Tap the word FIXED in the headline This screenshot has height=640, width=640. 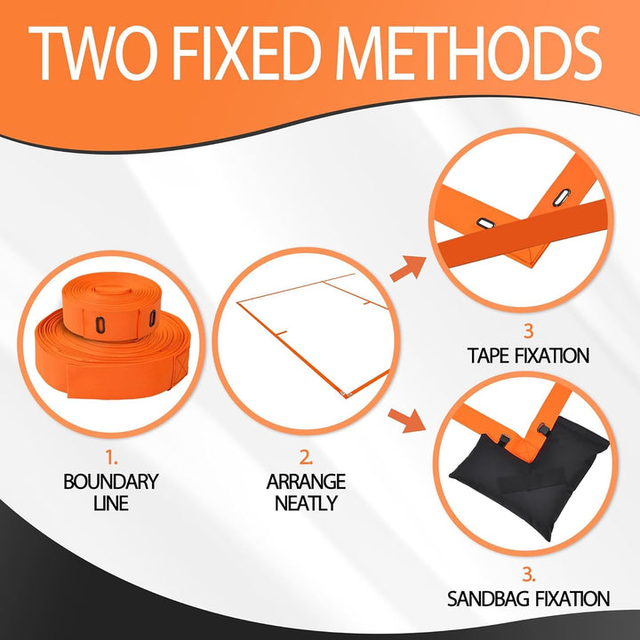tap(246, 53)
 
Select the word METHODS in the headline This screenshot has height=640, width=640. tap(468, 53)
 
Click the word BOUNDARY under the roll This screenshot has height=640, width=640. tap(111, 482)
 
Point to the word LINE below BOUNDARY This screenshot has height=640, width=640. tap(111, 503)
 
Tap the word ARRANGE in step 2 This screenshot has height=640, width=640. tap(306, 482)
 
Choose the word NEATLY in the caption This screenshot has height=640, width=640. tap(306, 503)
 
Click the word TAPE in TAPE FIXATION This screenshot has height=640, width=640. tap(487, 356)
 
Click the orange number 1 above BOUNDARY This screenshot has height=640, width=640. tap(110, 458)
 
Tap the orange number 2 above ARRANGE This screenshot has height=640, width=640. tap(306, 458)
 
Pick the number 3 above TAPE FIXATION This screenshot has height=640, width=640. tap(529, 331)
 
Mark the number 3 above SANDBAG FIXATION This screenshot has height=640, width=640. tap(529, 575)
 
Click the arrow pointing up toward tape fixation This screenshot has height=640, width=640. tap(408, 268)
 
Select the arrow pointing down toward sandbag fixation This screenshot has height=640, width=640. tap(407, 420)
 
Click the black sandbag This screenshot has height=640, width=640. tap(531, 480)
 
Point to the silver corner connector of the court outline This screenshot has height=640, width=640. tap(347, 394)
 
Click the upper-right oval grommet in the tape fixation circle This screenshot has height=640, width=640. tap(561, 197)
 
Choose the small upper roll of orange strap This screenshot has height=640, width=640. tap(111, 306)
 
